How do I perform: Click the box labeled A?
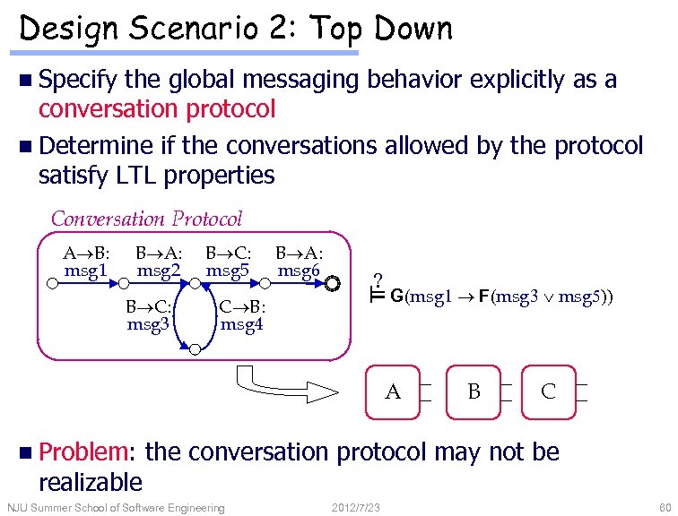click(x=393, y=391)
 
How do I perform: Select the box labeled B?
click(x=474, y=391)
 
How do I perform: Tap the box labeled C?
click(x=548, y=391)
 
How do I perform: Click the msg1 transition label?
click(x=86, y=269)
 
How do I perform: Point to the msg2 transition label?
click(x=159, y=269)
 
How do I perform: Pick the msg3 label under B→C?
click(x=149, y=324)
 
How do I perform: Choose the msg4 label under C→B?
click(x=241, y=324)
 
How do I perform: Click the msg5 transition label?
click(x=228, y=269)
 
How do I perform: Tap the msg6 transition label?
click(x=299, y=269)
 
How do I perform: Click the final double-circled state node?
click(x=333, y=284)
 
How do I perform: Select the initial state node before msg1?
click(x=52, y=284)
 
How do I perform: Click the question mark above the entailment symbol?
click(x=378, y=279)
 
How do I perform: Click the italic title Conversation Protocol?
click(x=146, y=219)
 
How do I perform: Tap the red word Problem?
click(x=85, y=452)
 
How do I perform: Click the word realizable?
click(x=91, y=482)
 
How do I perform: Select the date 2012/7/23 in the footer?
click(x=356, y=509)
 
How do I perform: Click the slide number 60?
click(x=665, y=509)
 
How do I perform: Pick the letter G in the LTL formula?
click(x=396, y=297)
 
